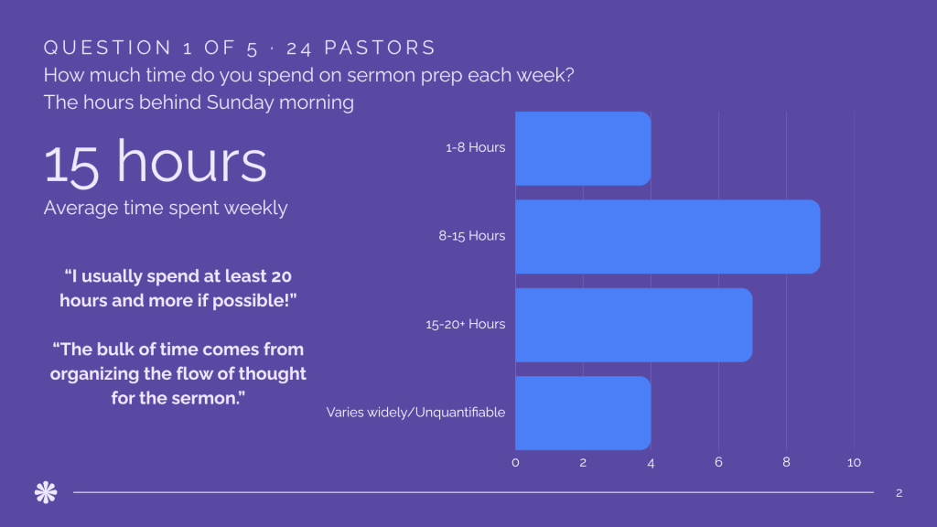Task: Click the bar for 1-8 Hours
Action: click(583, 148)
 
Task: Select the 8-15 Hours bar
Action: click(667, 237)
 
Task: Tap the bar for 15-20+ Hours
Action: click(633, 325)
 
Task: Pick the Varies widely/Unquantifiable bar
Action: click(583, 413)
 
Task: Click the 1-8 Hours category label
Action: click(475, 147)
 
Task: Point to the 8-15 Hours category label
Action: click(471, 236)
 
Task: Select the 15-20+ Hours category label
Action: click(465, 325)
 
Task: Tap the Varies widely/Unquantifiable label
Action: click(415, 413)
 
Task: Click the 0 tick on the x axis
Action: click(515, 462)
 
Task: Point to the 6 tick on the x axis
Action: click(718, 462)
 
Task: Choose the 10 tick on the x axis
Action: click(854, 462)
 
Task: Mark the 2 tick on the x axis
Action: click(583, 462)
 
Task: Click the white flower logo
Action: click(46, 492)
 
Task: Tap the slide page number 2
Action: click(899, 493)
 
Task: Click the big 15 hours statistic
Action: click(155, 162)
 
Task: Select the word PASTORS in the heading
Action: click(380, 48)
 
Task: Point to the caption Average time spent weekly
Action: click(166, 208)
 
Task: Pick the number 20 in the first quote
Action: click(281, 276)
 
